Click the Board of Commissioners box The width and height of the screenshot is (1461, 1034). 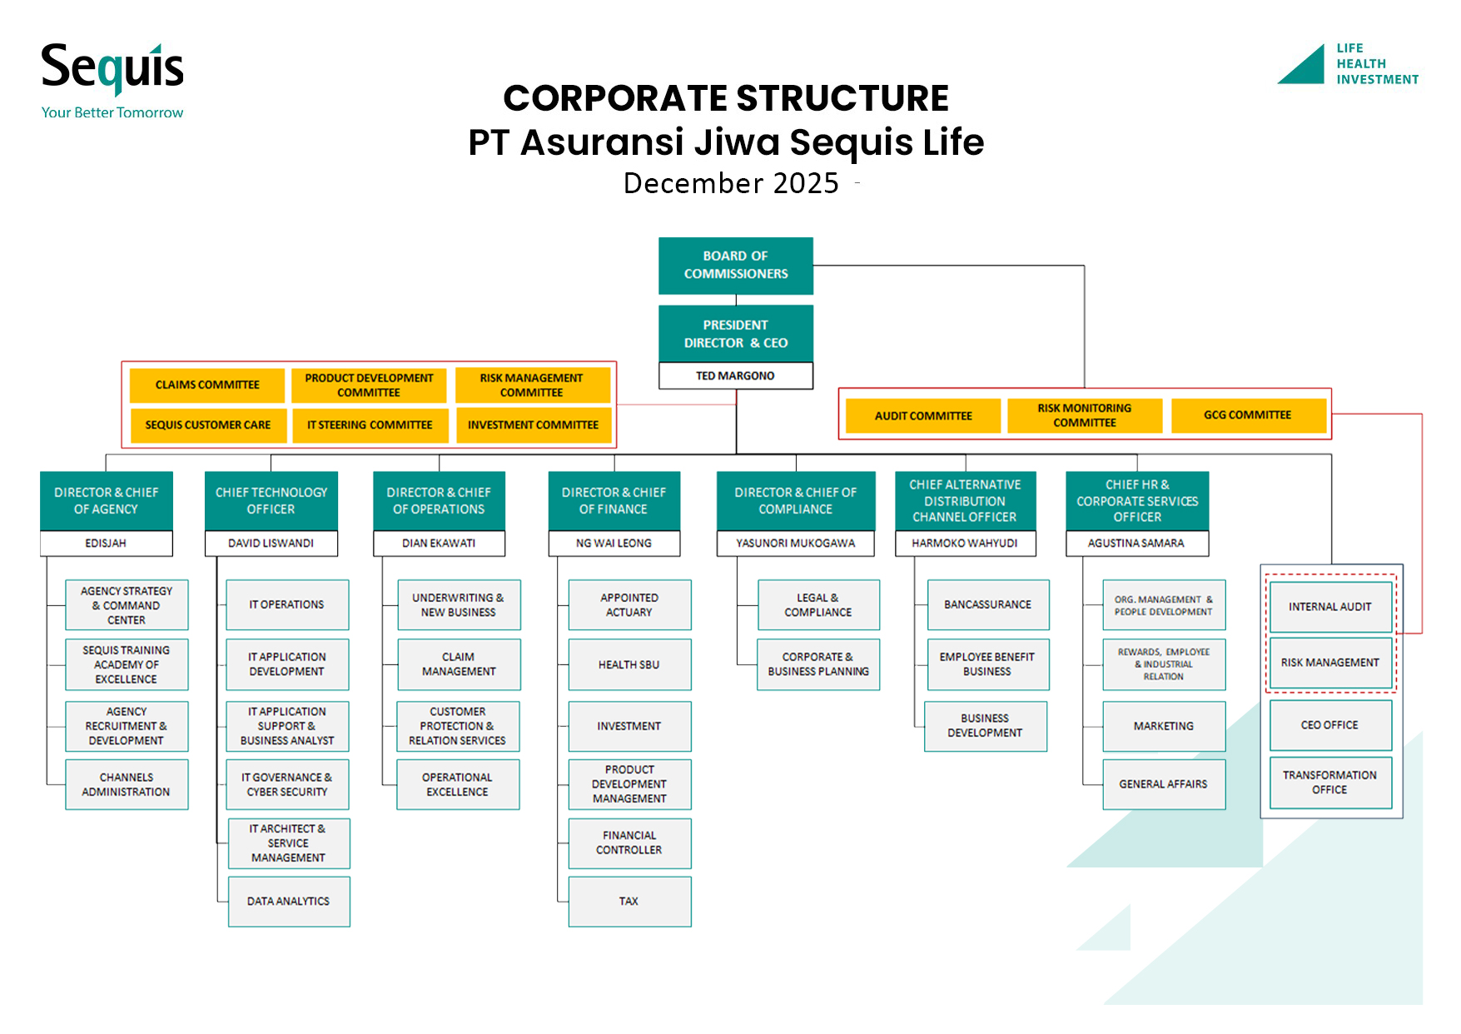(x=735, y=266)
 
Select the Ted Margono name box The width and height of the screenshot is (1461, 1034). (x=735, y=376)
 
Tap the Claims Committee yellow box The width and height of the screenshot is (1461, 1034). (x=207, y=385)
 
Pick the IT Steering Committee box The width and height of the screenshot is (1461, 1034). (x=370, y=425)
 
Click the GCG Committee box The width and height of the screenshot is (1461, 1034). (x=1247, y=415)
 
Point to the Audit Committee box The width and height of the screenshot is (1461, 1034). (x=922, y=415)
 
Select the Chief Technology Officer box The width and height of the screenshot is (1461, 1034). (x=271, y=500)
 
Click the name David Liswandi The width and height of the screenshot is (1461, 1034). (x=271, y=543)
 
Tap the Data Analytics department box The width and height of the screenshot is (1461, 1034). (x=288, y=901)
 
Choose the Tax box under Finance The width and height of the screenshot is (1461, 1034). (x=629, y=901)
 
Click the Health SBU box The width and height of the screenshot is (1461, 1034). (x=629, y=664)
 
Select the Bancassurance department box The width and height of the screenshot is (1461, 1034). (x=987, y=604)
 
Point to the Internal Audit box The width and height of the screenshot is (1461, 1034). (x=1329, y=607)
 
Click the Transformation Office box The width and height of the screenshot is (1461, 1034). (x=1329, y=782)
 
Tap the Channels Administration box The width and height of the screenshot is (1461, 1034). (x=127, y=784)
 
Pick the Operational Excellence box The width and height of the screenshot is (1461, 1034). (x=458, y=784)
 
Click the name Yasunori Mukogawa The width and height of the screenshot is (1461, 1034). (x=795, y=543)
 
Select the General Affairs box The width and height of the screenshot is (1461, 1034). (x=1163, y=784)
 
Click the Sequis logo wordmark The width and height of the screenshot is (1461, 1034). (x=112, y=68)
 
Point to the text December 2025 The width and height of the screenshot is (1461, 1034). (x=731, y=183)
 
